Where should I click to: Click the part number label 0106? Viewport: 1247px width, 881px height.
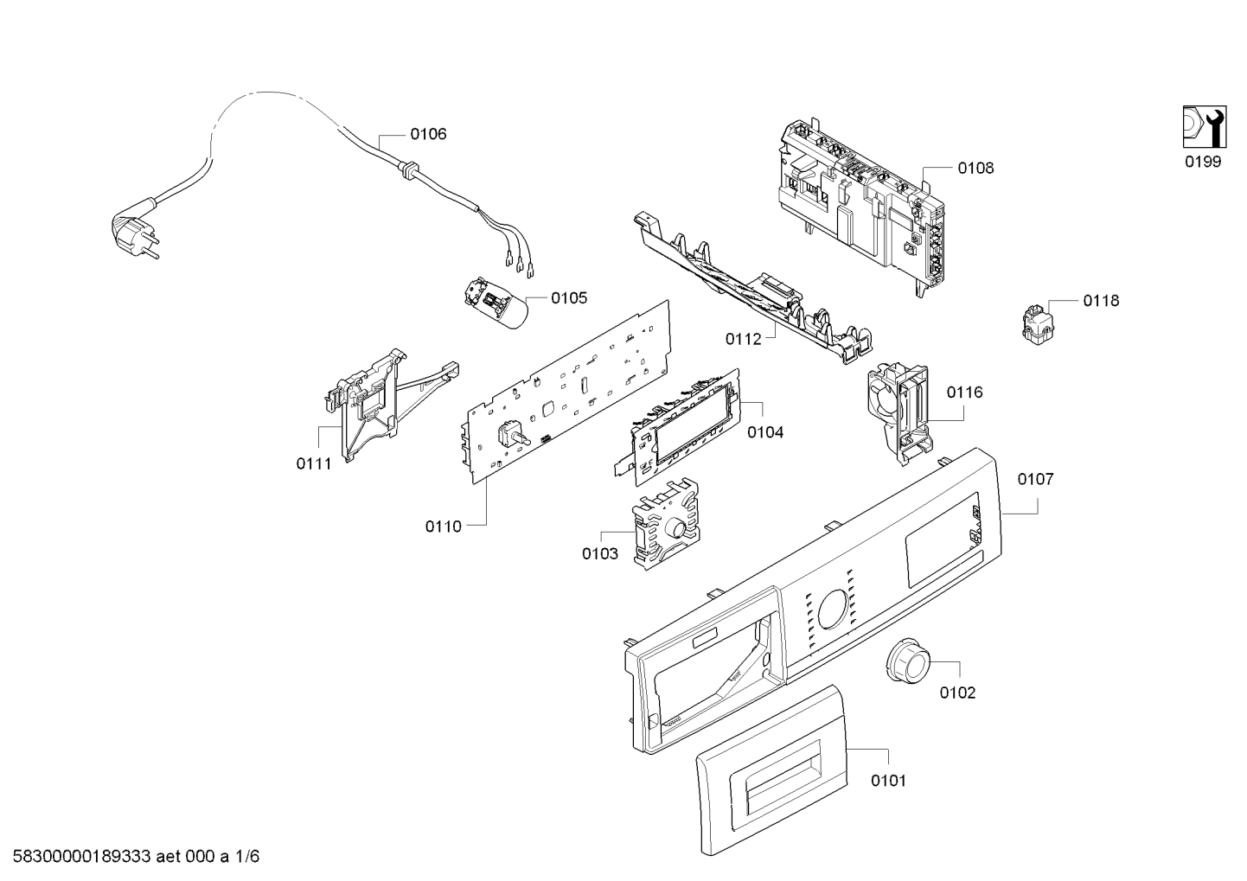pyautogui.click(x=428, y=134)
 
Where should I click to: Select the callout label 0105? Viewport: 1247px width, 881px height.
pyautogui.click(x=568, y=298)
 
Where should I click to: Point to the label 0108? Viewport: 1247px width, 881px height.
pyautogui.click(x=975, y=169)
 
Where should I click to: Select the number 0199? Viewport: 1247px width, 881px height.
pyautogui.click(x=1203, y=163)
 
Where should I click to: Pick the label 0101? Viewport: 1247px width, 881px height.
pyautogui.click(x=888, y=781)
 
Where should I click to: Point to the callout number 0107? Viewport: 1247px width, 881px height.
pyautogui.click(x=1035, y=479)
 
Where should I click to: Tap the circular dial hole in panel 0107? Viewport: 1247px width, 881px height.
pyautogui.click(x=833, y=609)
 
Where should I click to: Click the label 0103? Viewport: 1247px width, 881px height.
pyautogui.click(x=600, y=553)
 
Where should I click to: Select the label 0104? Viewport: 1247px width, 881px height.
pyautogui.click(x=765, y=431)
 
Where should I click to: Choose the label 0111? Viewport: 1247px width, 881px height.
pyautogui.click(x=314, y=463)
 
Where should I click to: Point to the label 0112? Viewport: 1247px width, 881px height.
pyautogui.click(x=743, y=339)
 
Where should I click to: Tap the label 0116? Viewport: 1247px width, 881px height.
pyautogui.click(x=964, y=393)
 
